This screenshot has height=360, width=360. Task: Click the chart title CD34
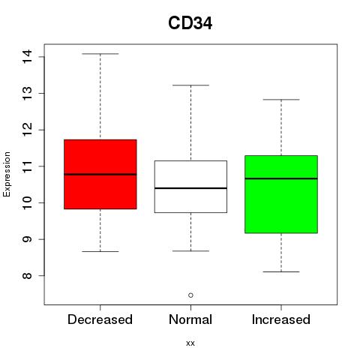click(190, 23)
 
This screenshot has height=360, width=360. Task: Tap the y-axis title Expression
click(7, 175)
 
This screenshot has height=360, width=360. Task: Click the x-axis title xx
click(190, 343)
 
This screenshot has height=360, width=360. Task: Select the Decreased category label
click(100, 319)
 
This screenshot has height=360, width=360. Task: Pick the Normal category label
click(190, 319)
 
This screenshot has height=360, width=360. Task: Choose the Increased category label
click(281, 319)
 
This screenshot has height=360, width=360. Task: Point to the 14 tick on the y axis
click(27, 57)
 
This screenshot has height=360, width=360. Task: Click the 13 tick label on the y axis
click(27, 93)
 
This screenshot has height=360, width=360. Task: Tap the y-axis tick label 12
click(27, 130)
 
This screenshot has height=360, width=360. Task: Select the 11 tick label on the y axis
click(27, 166)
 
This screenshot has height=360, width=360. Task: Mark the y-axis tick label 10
click(27, 202)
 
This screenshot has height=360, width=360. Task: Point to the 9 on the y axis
click(27, 239)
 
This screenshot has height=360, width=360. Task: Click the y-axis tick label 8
click(27, 275)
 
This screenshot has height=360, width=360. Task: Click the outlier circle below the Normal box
click(190, 295)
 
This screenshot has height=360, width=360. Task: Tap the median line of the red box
click(100, 174)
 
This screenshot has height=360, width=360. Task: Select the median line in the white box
click(190, 188)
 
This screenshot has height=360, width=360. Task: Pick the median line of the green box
click(281, 178)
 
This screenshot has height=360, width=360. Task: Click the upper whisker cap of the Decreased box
click(100, 54)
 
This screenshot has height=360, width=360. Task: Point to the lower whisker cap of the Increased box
click(281, 271)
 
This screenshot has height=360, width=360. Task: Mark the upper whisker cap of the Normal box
click(190, 85)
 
